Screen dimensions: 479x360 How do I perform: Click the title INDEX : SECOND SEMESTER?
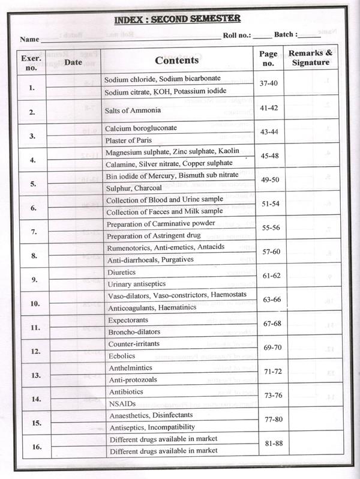click(177, 19)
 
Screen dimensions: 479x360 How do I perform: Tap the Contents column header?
click(176, 60)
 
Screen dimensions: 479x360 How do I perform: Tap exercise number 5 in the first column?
click(32, 184)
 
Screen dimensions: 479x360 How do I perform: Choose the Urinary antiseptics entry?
click(136, 283)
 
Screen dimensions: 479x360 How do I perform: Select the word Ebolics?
click(122, 356)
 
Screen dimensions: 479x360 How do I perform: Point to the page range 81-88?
click(268, 445)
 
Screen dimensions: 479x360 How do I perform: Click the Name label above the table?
click(29, 40)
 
